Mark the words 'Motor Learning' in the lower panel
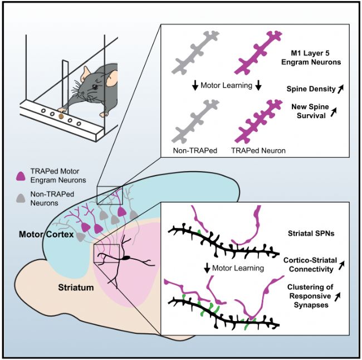tap(242, 268)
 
